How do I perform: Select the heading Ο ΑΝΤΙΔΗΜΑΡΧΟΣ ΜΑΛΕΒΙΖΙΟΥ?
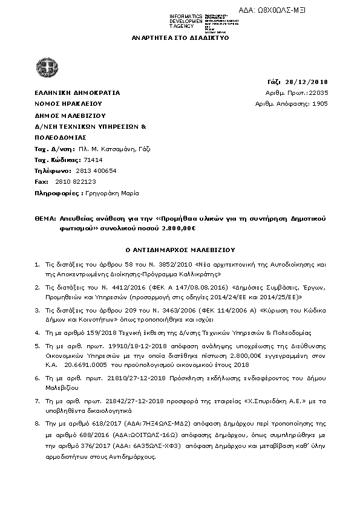[180, 249]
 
